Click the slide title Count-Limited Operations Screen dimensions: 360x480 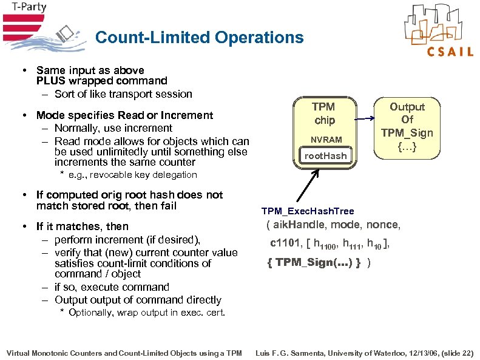[x=199, y=38]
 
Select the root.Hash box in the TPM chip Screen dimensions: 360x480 [x=325, y=156]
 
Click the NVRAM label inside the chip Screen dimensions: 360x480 [x=326, y=140]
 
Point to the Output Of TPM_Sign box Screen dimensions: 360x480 [x=407, y=127]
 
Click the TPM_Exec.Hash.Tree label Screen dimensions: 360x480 [x=308, y=211]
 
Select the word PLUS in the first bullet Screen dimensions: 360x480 [x=50, y=81]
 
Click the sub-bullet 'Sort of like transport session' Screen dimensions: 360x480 [x=123, y=94]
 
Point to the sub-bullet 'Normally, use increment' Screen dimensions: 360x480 [x=113, y=128]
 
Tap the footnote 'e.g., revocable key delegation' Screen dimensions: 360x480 [x=132, y=175]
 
